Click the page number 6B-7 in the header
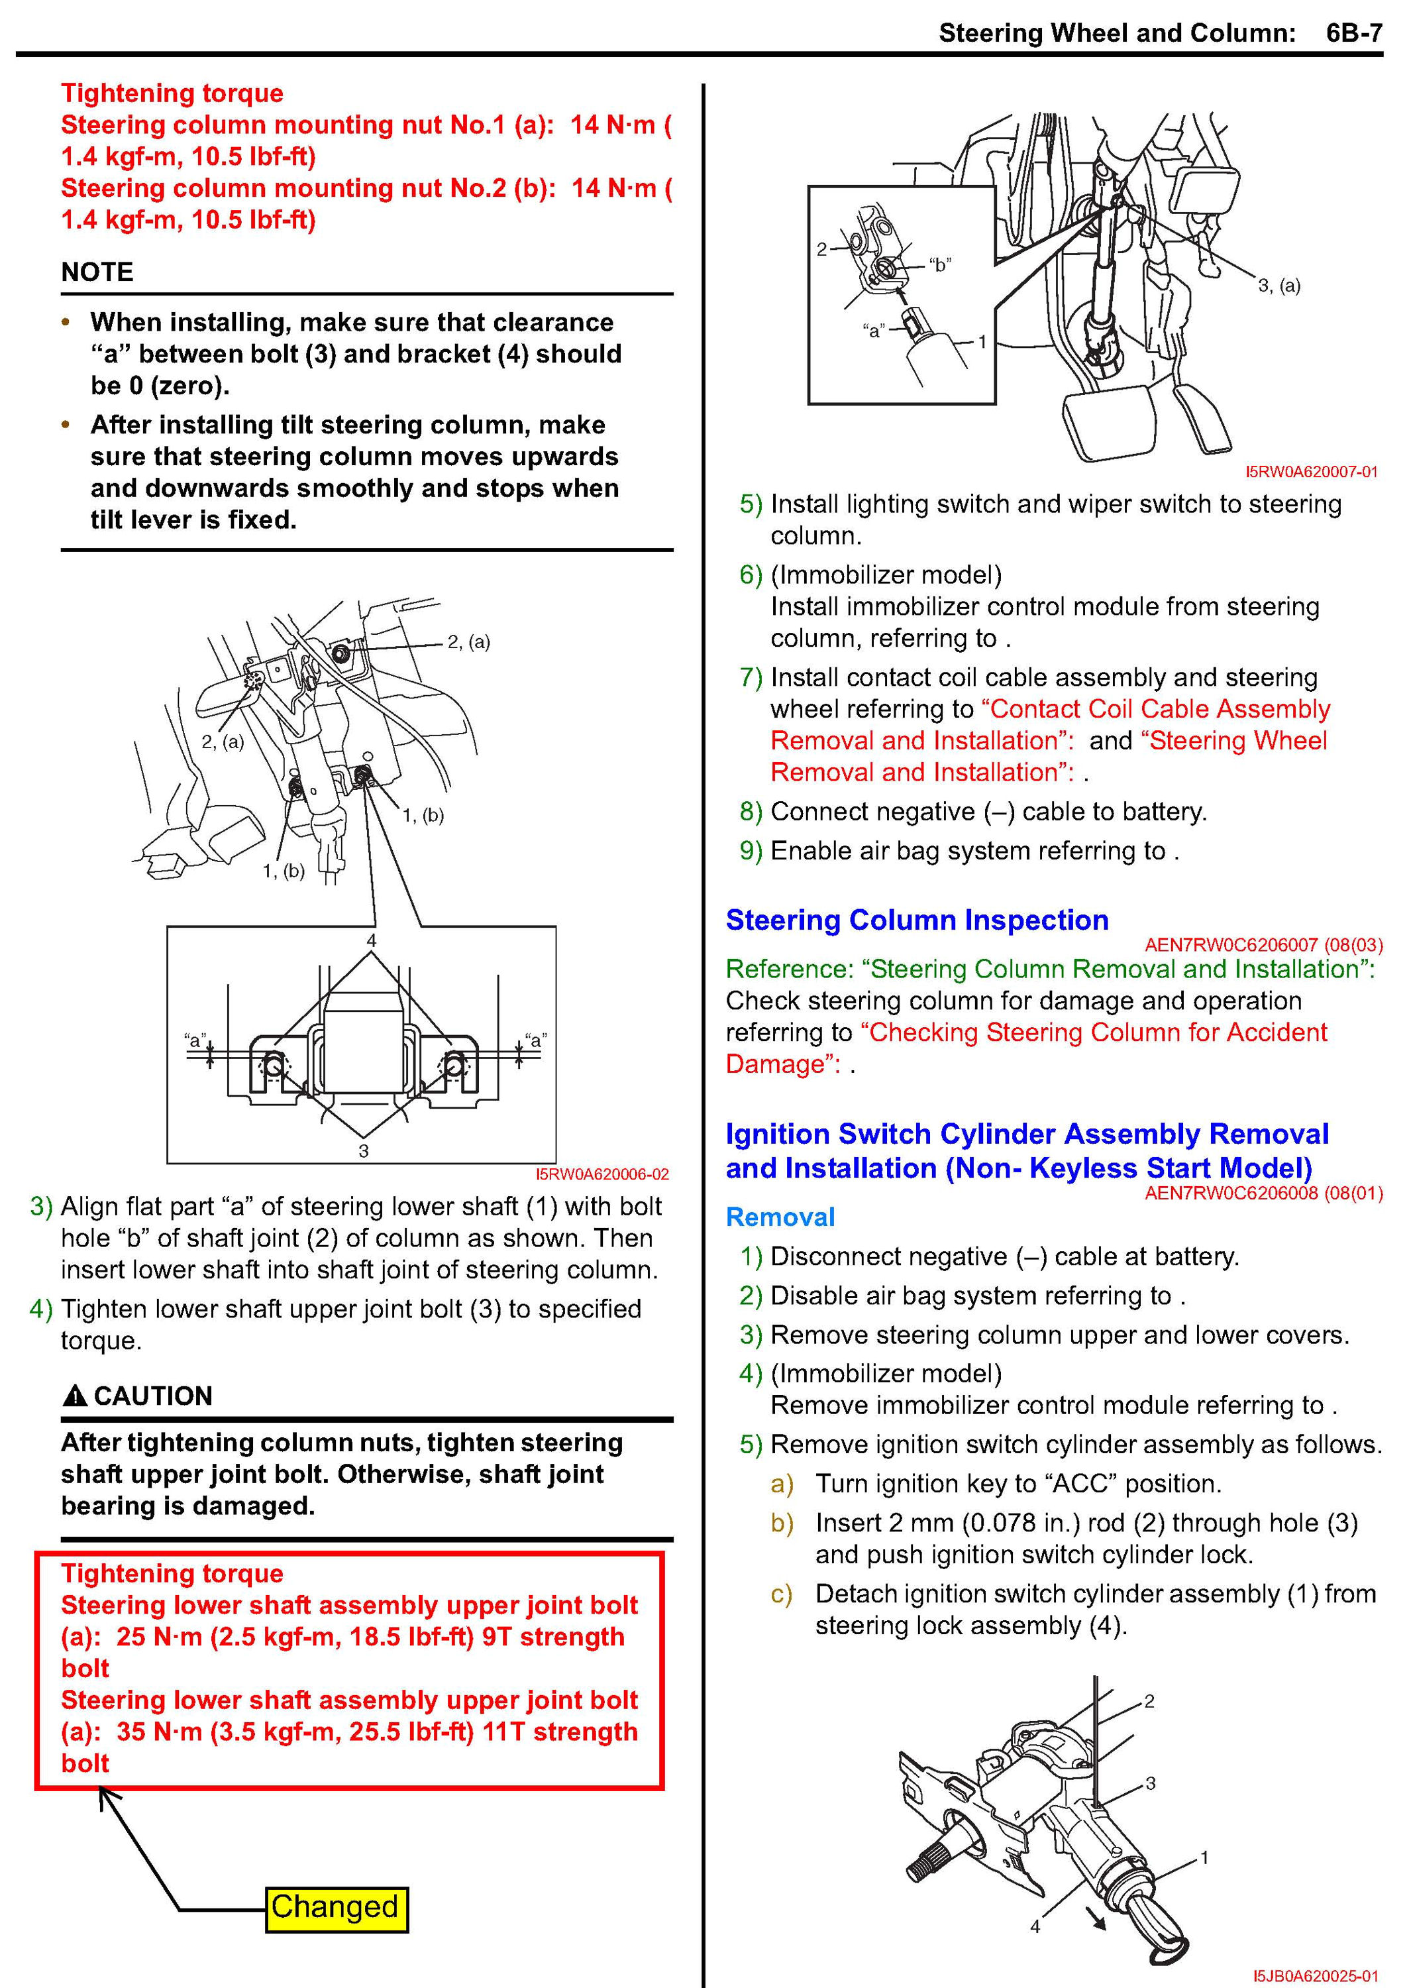[x=1353, y=33]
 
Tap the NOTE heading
[x=97, y=272]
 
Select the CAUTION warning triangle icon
[x=76, y=1396]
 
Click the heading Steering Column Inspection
[x=917, y=920]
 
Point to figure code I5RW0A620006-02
[x=602, y=1174]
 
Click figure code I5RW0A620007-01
[x=1311, y=472]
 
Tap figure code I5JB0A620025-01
[x=1316, y=1976]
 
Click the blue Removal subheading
[x=780, y=1217]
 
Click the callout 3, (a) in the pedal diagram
[x=1279, y=286]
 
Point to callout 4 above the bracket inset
[x=372, y=940]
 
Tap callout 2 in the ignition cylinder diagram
[x=1149, y=1702]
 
